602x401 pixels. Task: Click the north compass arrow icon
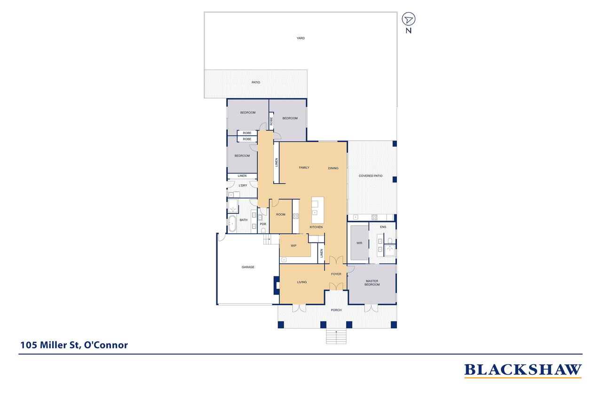(x=409, y=19)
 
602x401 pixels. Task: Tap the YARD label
(x=301, y=38)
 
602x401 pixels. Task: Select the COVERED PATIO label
(x=371, y=176)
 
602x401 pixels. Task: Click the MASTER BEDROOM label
(x=372, y=283)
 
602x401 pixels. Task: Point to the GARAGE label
(x=248, y=267)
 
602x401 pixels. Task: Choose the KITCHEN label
(x=316, y=227)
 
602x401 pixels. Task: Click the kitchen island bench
(x=317, y=210)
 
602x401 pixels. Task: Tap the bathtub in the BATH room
(x=232, y=223)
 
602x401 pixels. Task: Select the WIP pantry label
(x=293, y=246)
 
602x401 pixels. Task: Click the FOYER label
(x=336, y=274)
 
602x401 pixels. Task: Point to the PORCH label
(x=336, y=310)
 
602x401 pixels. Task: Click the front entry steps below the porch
(x=336, y=336)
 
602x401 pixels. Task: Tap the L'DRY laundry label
(x=243, y=186)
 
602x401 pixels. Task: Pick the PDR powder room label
(x=263, y=224)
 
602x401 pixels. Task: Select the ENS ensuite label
(x=383, y=227)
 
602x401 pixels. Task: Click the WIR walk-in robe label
(x=359, y=243)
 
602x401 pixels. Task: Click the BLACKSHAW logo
(x=523, y=370)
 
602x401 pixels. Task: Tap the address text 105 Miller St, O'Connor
(x=74, y=345)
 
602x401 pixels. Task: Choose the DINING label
(x=333, y=168)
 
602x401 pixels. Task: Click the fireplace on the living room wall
(x=277, y=285)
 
